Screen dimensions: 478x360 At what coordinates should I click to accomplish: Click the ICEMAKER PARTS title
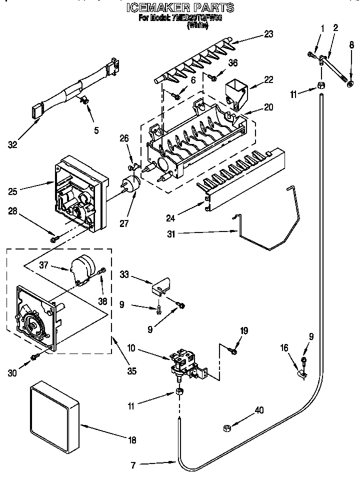pos(180,7)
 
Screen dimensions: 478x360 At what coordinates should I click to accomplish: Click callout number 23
pos(269,34)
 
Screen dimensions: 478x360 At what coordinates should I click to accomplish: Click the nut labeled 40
pos(226,427)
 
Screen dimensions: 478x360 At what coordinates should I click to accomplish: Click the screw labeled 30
pos(35,357)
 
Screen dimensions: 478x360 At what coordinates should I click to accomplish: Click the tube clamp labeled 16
pos(301,372)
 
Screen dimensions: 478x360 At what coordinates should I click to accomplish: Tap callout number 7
pos(133,465)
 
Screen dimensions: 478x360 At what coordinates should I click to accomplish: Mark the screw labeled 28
pos(54,239)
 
